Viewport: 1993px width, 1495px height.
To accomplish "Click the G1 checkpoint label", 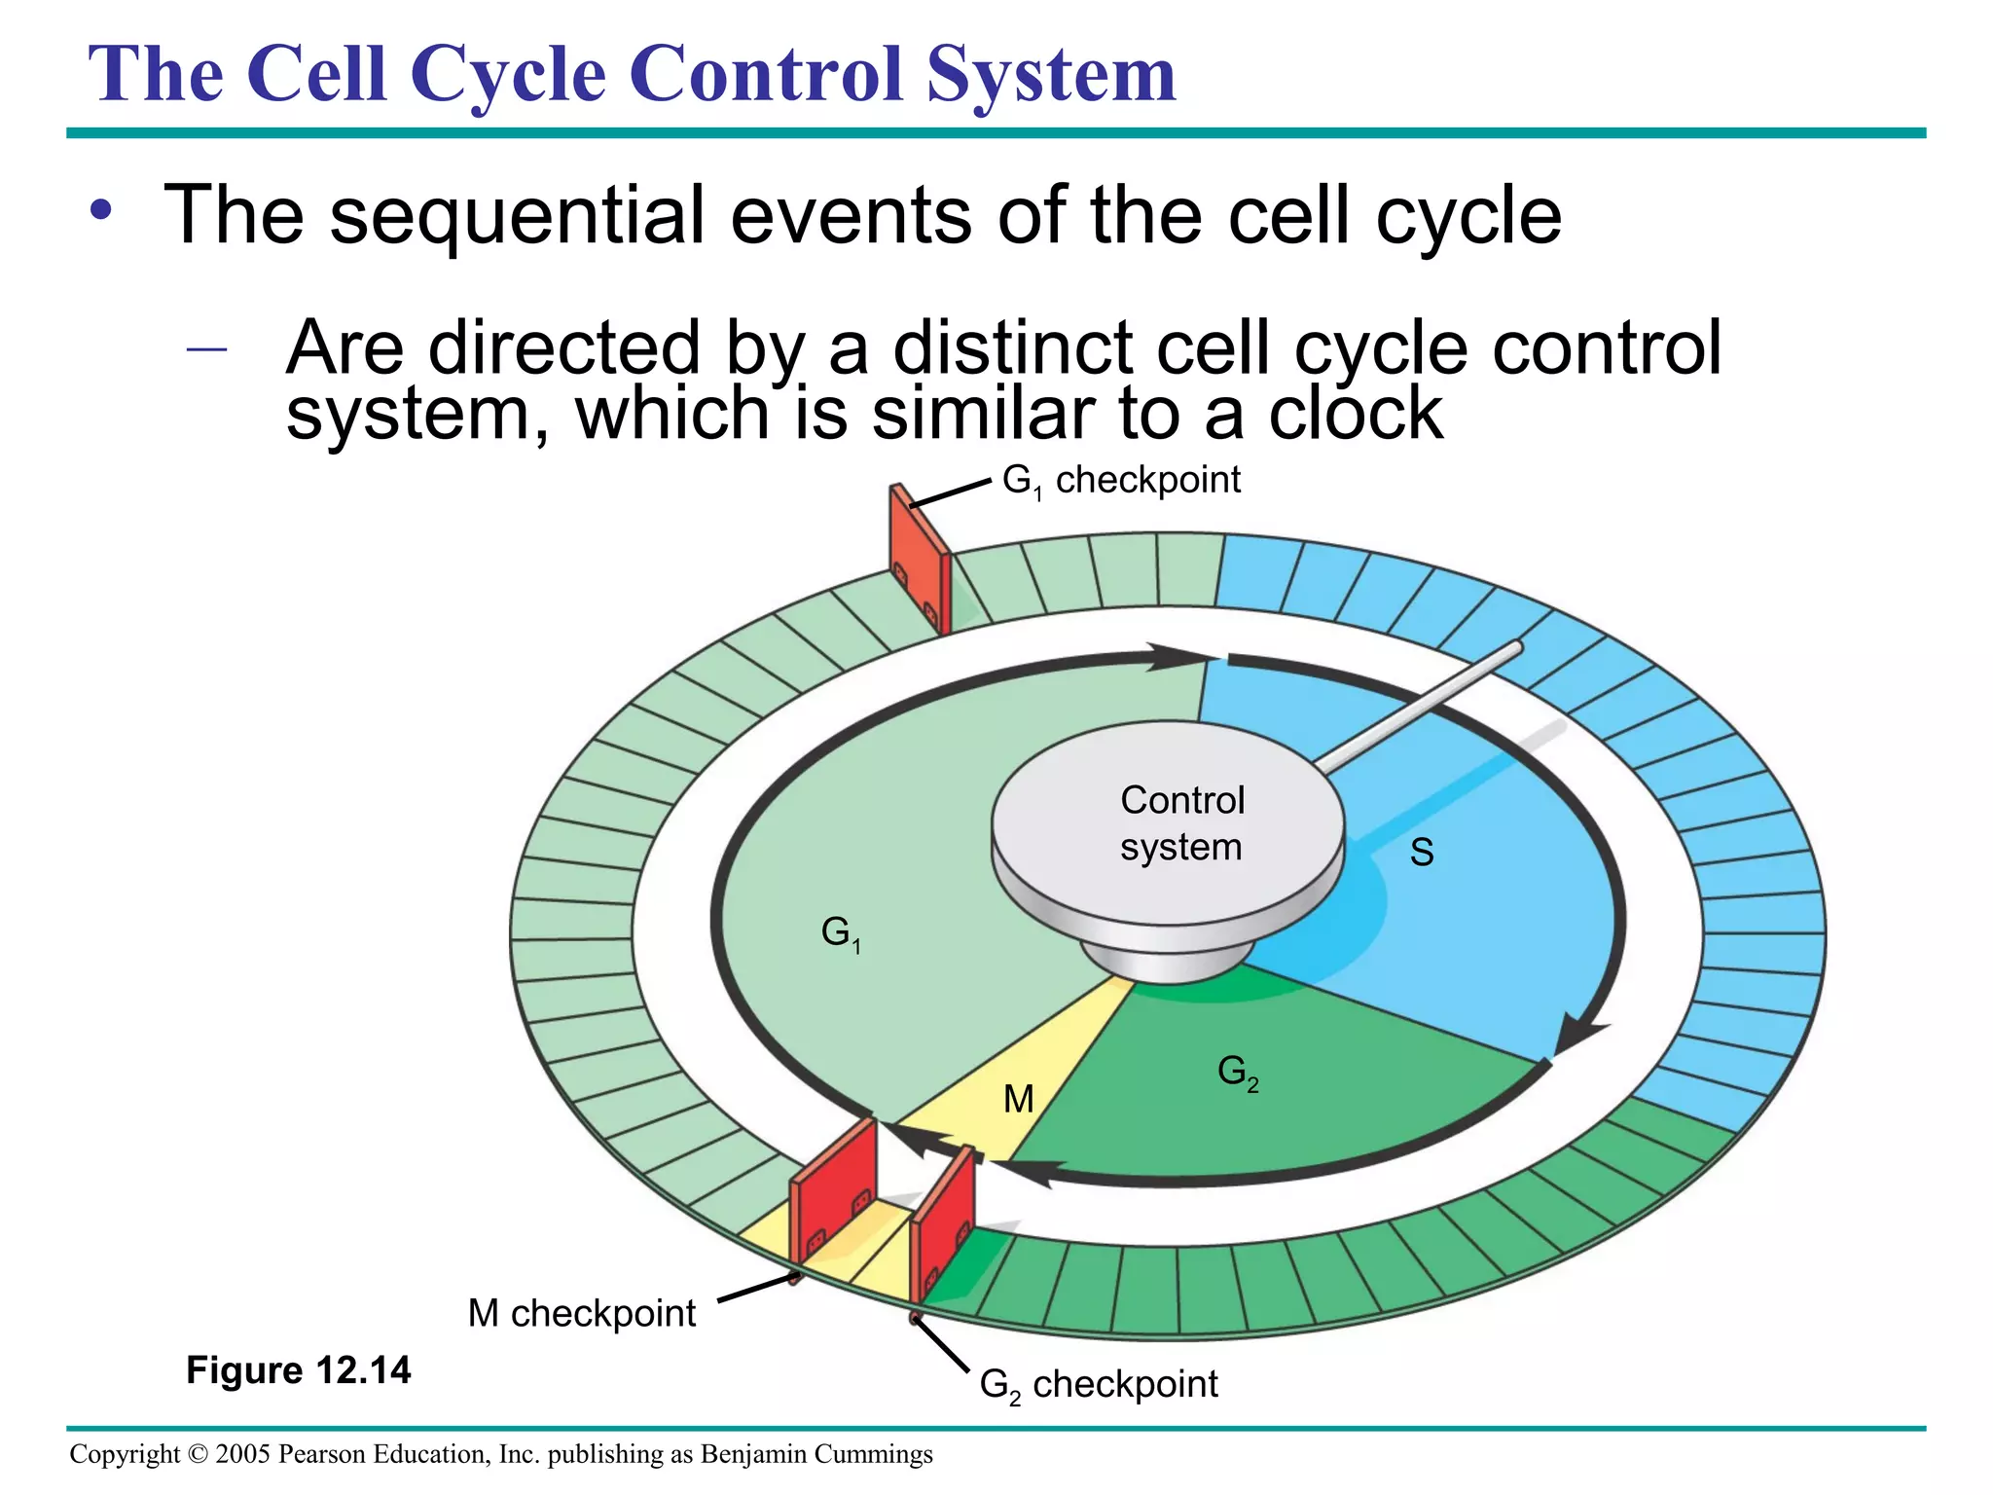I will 1121,480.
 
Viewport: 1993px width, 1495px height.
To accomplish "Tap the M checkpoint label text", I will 581,1314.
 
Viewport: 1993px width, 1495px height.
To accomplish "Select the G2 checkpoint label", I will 1098,1384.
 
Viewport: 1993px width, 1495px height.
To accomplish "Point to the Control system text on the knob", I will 1181,823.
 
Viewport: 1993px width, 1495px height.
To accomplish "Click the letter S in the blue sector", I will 1422,853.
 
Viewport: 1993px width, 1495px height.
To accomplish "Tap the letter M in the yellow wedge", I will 1019,1100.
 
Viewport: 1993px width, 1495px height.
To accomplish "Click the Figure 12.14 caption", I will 299,1370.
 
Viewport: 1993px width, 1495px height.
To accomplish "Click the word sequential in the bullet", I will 517,215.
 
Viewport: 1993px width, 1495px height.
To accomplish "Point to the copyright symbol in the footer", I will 198,1454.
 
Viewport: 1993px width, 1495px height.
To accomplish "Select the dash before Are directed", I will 206,347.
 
